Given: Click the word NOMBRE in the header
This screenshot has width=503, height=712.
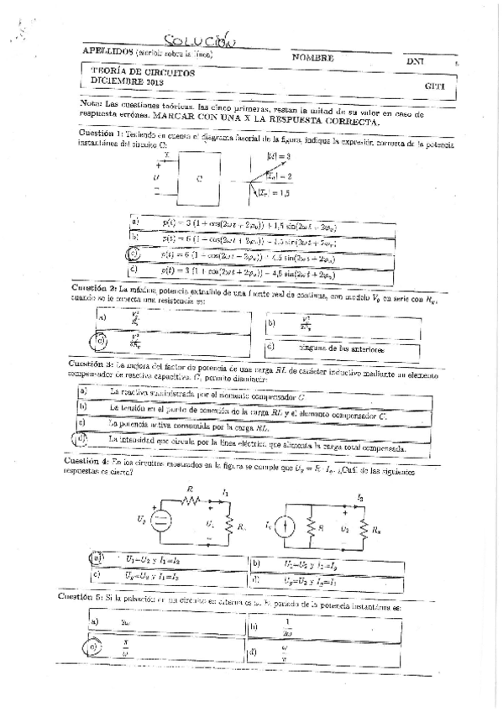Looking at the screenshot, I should [312, 59].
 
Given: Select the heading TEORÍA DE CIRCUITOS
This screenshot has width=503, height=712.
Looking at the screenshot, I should [142, 73].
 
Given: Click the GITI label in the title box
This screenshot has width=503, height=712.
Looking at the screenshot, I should [434, 86].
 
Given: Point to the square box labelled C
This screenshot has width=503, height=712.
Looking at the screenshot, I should [198, 178].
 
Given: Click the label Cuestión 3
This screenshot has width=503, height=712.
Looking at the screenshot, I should [97, 342].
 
